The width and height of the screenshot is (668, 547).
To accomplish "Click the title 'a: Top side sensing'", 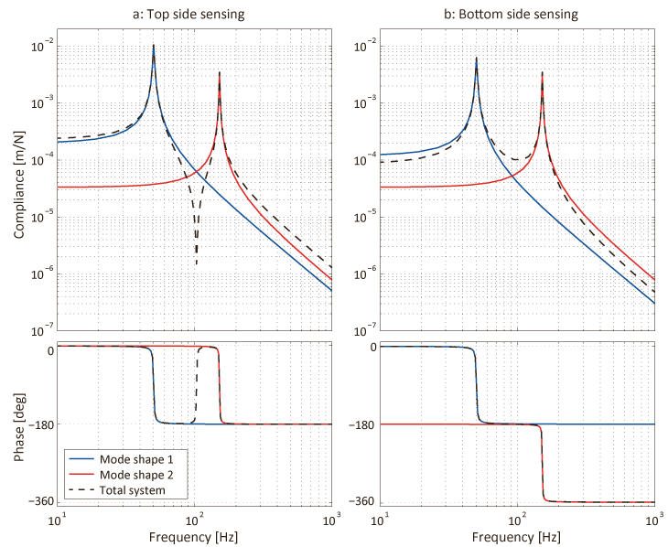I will click(194, 15).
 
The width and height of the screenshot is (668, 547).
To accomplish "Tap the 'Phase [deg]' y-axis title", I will click(19, 424).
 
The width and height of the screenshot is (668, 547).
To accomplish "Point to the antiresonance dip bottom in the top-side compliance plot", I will click(196, 265).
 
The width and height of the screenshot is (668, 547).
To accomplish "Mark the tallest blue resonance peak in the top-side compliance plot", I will click(154, 45).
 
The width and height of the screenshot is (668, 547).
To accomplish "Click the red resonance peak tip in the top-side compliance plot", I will click(220, 72).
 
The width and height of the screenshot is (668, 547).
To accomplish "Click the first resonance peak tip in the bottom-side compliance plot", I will click(477, 58).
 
